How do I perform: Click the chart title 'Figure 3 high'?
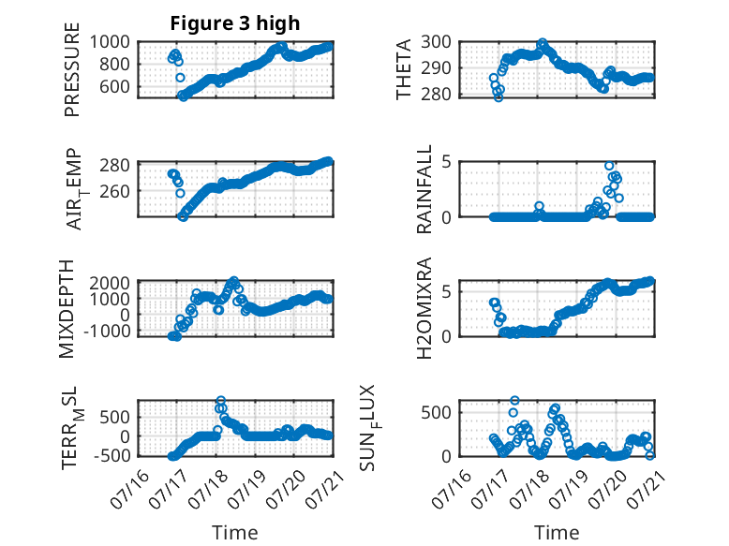235,23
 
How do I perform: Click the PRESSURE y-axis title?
72,69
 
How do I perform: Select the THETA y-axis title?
404,69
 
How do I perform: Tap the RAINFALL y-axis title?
424,189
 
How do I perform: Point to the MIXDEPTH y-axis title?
67,309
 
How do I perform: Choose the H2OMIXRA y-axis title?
424,308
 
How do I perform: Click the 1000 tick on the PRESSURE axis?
110,42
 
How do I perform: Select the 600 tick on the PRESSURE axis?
115,86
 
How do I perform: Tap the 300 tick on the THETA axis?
436,42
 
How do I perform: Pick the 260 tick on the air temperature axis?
115,191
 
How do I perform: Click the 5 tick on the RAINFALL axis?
447,162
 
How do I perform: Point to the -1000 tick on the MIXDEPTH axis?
107,332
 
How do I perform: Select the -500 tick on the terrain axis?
112,456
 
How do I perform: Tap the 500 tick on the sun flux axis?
436,413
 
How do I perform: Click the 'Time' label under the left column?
235,532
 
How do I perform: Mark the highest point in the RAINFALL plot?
609,166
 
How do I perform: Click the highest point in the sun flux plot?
514,400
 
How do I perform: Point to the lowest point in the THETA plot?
498,97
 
